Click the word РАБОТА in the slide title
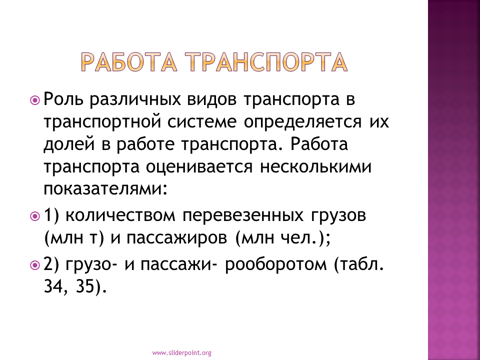point(129,62)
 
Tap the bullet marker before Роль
point(35,100)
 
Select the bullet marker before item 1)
point(35,216)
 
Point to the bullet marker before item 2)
point(35,265)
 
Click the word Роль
point(63,99)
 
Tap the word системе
point(202,121)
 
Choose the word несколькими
point(315,167)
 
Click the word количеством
point(120,215)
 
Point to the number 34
point(52,286)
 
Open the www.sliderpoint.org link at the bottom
point(182,353)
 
